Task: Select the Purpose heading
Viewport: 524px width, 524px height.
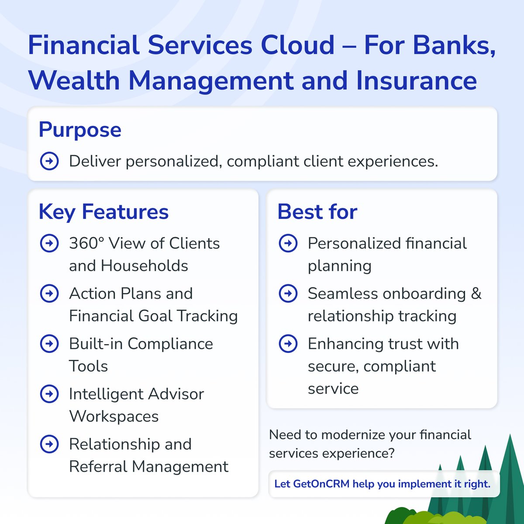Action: pos(80,130)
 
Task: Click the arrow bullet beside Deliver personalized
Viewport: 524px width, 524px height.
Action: pos(49,161)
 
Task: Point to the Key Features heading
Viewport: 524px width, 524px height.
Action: pos(103,212)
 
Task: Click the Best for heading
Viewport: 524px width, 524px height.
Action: pos(317,212)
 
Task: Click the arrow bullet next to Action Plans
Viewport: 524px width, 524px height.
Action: pos(49,293)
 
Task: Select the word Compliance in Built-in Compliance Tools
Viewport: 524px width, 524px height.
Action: pos(170,344)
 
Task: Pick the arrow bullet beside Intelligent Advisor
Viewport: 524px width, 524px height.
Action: pos(49,394)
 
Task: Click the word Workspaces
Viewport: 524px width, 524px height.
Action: pos(114,417)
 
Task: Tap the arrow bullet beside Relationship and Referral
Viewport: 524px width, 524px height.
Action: pos(49,444)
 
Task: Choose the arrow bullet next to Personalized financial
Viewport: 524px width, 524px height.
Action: pos(288,243)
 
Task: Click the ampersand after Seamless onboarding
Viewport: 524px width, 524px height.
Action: pos(476,293)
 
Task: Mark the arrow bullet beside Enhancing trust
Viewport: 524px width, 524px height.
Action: pos(288,344)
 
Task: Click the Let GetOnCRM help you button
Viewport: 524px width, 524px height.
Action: pos(383,484)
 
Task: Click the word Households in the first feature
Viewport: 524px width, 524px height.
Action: pos(145,266)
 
